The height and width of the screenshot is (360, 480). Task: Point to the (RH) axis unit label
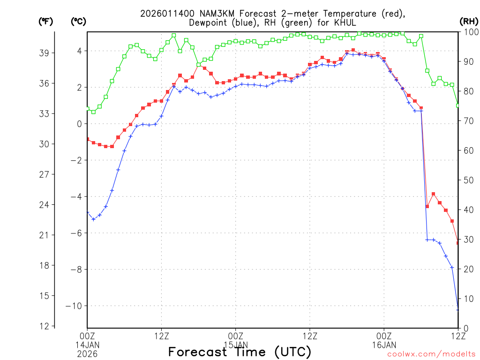(468, 21)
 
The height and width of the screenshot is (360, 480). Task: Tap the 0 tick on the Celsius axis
(79, 124)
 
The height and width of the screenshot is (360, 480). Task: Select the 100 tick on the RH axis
(470, 32)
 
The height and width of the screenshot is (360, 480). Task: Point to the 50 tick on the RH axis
(468, 180)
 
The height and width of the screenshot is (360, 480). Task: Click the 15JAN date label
(235, 345)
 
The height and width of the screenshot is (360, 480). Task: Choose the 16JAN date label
(384, 345)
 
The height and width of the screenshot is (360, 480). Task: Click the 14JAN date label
(87, 345)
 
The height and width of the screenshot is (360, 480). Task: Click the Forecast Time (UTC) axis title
(240, 352)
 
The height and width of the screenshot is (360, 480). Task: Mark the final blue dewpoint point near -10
(458, 309)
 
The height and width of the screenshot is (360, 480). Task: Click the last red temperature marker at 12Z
(458, 242)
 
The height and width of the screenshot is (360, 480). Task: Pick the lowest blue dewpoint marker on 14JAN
(93, 219)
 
